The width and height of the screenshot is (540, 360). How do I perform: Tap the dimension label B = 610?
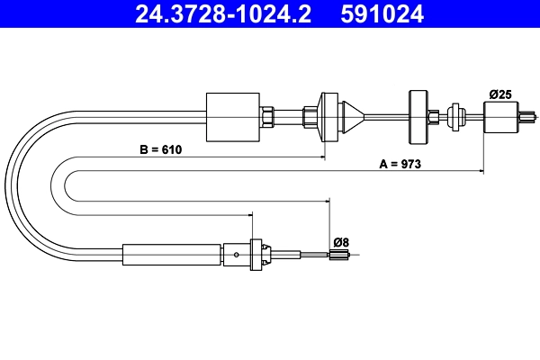click(161, 149)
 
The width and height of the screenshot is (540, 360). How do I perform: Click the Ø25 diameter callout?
click(500, 94)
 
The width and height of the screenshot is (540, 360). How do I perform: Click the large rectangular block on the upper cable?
click(233, 116)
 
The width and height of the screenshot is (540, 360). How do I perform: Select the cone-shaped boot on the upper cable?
click(354, 115)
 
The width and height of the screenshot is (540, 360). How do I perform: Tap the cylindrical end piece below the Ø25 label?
click(501, 115)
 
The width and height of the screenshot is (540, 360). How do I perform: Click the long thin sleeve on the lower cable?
click(172, 255)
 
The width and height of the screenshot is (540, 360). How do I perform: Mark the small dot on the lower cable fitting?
click(236, 255)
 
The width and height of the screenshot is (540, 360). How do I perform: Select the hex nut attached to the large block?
click(267, 116)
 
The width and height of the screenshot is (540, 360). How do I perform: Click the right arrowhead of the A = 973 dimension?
click(481, 172)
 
